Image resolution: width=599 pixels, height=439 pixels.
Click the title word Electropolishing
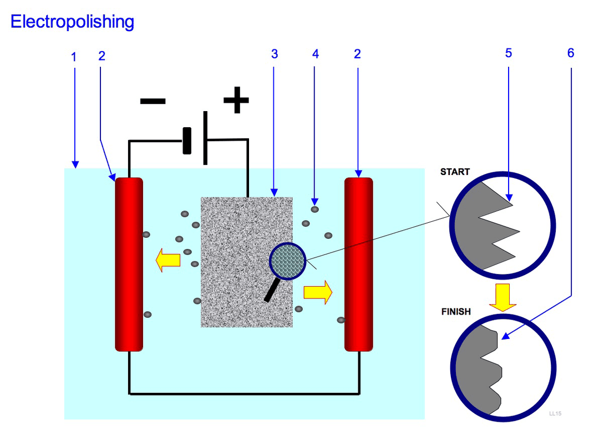click(x=72, y=22)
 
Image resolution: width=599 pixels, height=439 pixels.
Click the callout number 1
click(x=73, y=56)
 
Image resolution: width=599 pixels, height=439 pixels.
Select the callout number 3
click(x=274, y=54)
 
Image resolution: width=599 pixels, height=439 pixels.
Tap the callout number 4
click(x=316, y=54)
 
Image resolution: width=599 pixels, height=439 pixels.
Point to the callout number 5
click(x=508, y=53)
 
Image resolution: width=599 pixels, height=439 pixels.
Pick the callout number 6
click(x=571, y=53)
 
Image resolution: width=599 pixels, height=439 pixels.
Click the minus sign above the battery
click(x=153, y=101)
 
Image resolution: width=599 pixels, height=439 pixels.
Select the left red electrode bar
click(x=129, y=265)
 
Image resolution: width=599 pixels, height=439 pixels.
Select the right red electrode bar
click(x=358, y=265)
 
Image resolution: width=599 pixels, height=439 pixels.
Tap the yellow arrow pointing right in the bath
click(x=318, y=292)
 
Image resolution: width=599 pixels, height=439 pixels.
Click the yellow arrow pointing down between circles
click(x=502, y=296)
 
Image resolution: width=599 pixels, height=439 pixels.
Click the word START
click(x=455, y=172)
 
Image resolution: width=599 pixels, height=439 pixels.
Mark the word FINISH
click(x=456, y=312)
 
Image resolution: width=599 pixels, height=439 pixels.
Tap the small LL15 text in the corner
click(x=555, y=413)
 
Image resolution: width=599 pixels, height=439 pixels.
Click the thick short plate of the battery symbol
click(x=187, y=141)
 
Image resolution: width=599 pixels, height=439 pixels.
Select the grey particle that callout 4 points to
click(x=314, y=209)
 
